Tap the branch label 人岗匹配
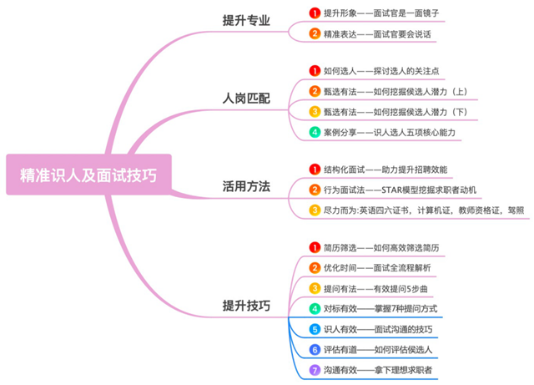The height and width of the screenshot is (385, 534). [246, 98]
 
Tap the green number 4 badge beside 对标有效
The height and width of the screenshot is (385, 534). [315, 308]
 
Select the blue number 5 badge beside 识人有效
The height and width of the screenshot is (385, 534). [315, 329]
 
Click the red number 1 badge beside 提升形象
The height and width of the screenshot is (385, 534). [315, 13]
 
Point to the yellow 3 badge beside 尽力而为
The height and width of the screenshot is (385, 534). [315, 210]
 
